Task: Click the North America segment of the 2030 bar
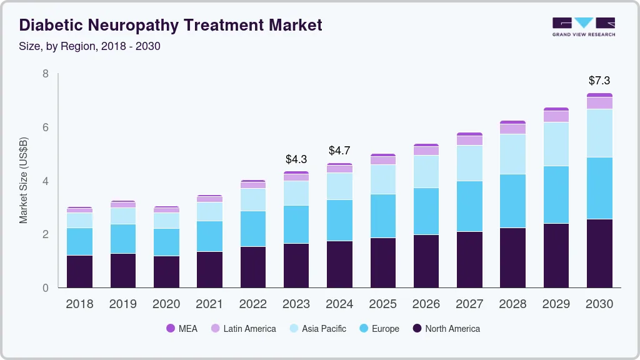tap(599, 253)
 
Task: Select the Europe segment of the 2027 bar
tap(469, 206)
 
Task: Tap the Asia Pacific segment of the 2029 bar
tap(556, 144)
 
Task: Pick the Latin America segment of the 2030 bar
tap(599, 103)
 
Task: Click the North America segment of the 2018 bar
tap(80, 271)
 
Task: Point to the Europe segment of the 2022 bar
tap(253, 229)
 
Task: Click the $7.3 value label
tap(599, 81)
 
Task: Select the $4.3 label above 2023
tap(296, 159)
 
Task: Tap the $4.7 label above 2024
tap(339, 151)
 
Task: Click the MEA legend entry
tap(182, 328)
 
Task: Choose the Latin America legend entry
tap(243, 328)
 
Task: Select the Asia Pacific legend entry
tap(317, 328)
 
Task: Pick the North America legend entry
tap(446, 328)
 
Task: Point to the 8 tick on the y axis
tap(46, 74)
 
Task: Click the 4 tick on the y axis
tap(46, 181)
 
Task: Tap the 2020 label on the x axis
tap(166, 304)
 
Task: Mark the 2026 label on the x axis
tap(426, 304)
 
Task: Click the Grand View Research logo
tap(583, 27)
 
